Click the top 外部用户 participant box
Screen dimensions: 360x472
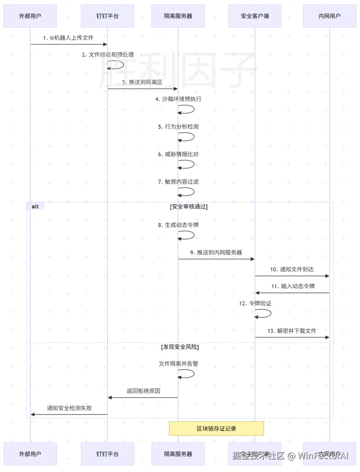(30, 16)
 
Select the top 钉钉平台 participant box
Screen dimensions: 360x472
(107, 16)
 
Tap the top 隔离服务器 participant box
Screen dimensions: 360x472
(178, 16)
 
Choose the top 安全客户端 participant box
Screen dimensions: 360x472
(255, 16)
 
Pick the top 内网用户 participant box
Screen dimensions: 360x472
(329, 16)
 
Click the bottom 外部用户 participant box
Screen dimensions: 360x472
(30, 454)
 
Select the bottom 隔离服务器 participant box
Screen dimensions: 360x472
(178, 454)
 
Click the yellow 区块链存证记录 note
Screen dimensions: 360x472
(216, 428)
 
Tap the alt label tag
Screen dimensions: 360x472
(35, 206)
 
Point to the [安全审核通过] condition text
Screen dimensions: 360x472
(189, 207)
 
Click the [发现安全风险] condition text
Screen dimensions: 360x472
(180, 347)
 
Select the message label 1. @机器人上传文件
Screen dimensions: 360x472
(68, 38)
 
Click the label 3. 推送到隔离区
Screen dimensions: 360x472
(142, 82)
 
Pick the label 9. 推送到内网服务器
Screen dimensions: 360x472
(216, 252)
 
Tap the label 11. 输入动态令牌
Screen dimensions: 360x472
(293, 286)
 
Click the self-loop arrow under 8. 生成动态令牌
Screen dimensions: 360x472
(187, 235)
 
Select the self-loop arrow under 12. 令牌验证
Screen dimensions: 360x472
(264, 313)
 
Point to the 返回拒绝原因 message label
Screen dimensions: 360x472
(143, 391)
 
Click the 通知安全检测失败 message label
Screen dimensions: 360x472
(69, 408)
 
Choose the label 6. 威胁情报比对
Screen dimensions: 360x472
(178, 154)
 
